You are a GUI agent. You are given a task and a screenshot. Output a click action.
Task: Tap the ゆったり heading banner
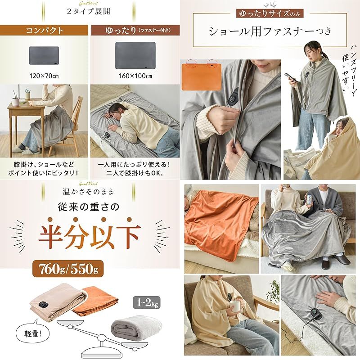(134, 31)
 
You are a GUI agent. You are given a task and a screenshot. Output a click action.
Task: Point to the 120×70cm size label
(45, 75)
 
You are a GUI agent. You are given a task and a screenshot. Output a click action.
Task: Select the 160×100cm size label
(135, 75)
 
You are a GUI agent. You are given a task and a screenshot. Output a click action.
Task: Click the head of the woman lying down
(115, 110)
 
